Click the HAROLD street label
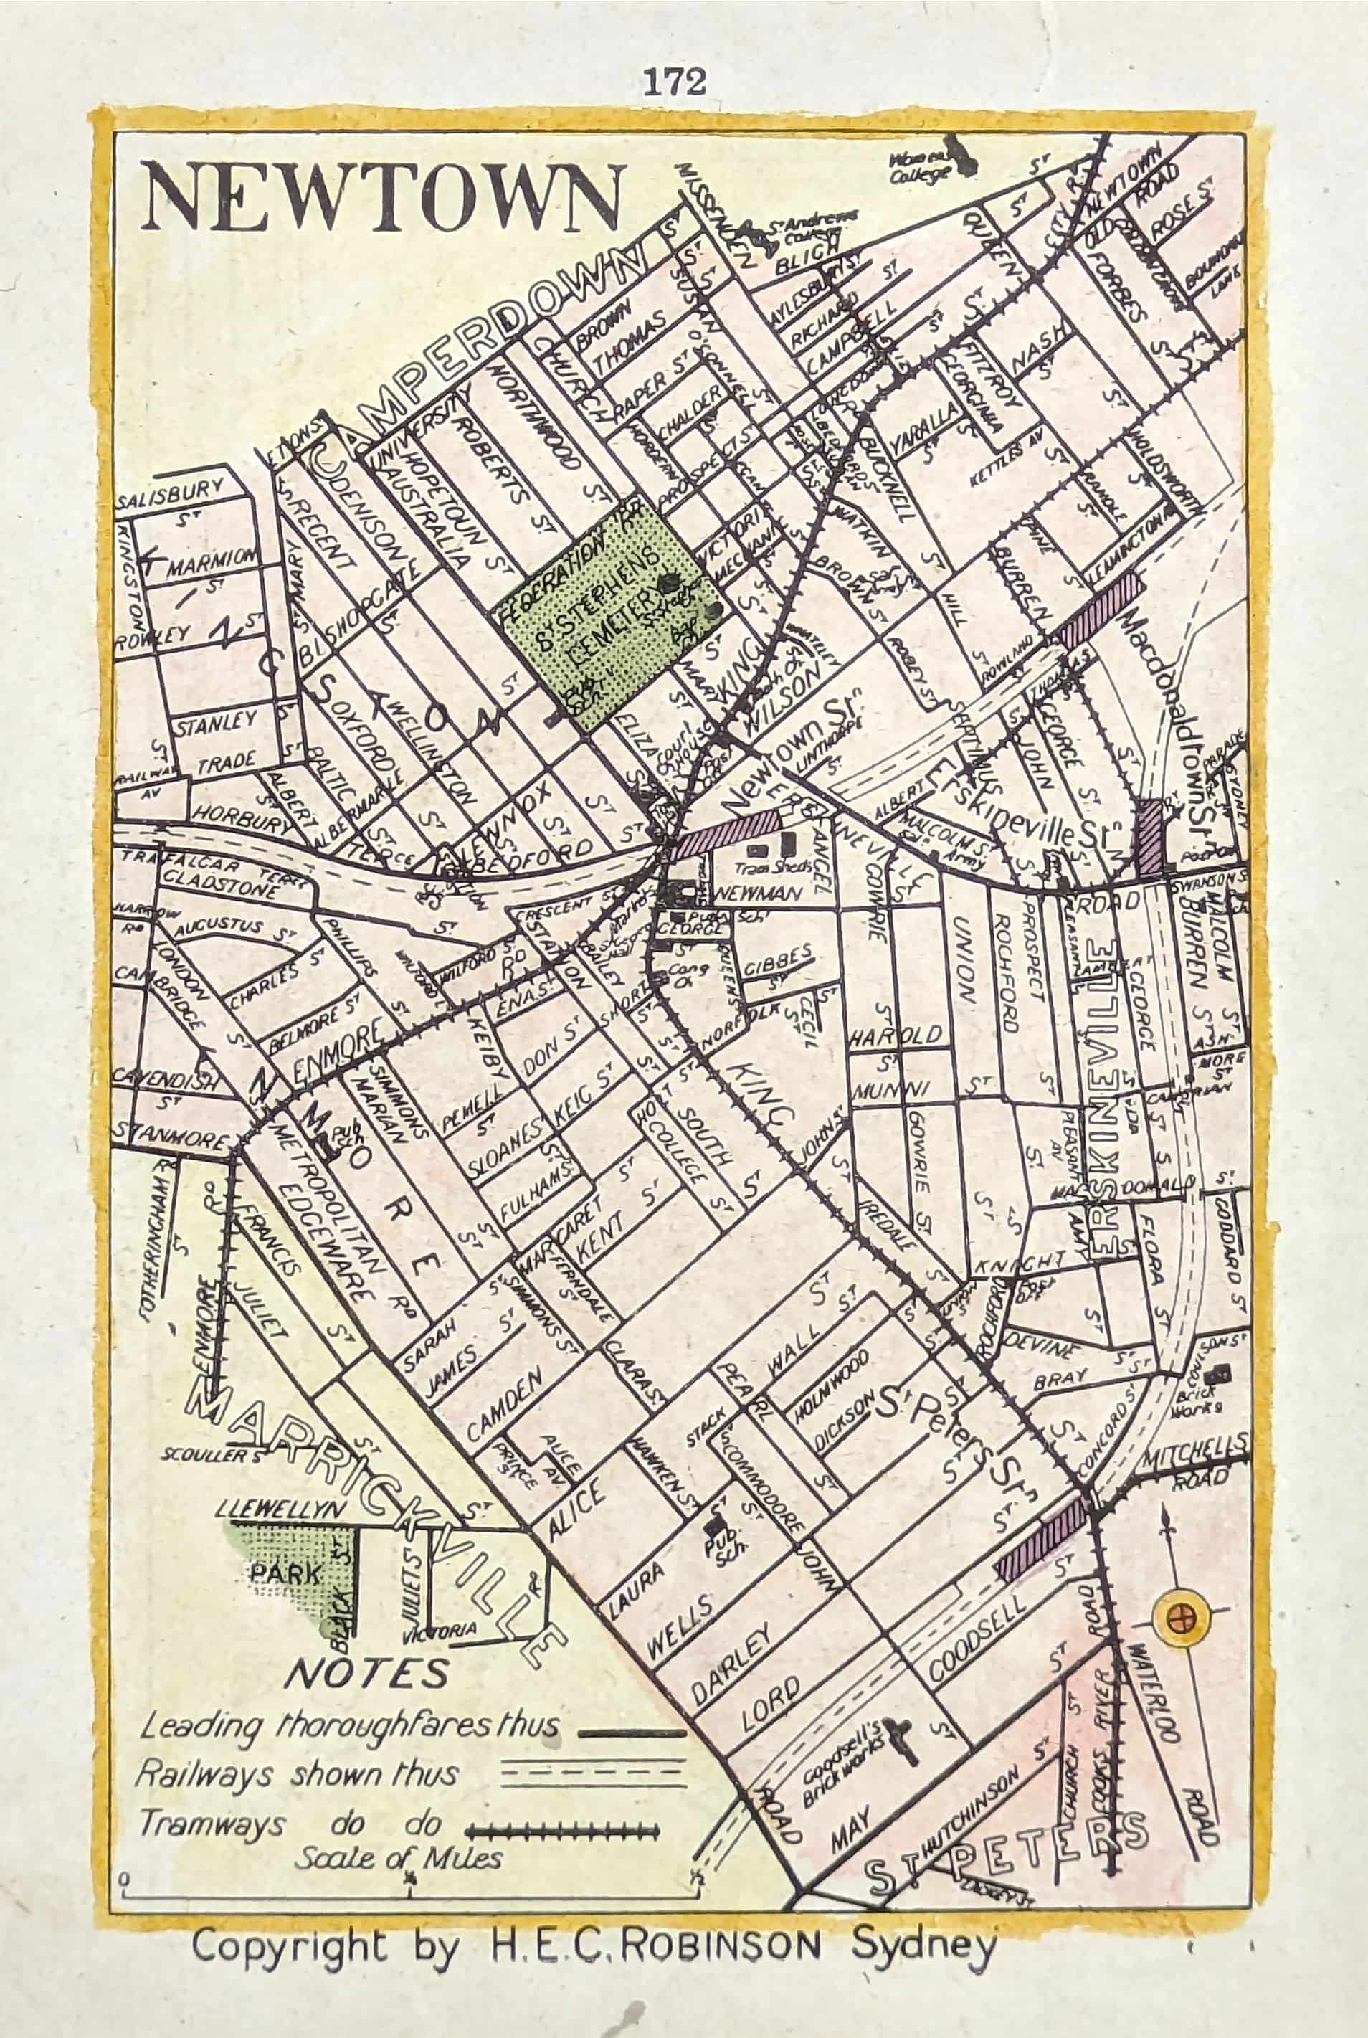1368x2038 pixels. (897, 1036)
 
